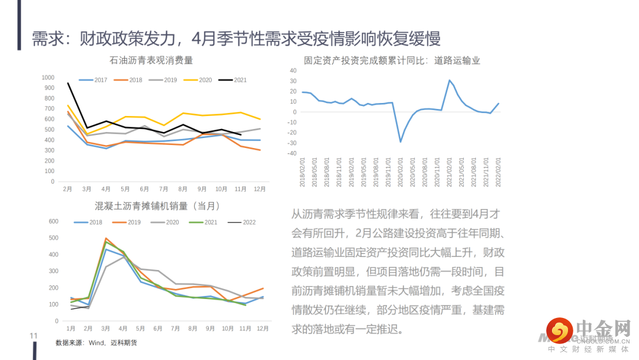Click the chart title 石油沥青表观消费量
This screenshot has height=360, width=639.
click(x=151, y=60)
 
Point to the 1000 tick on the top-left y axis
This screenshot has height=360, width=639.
click(x=48, y=78)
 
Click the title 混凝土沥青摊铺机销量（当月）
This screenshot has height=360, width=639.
click(x=157, y=206)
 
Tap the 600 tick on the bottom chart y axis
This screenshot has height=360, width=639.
click(x=53, y=221)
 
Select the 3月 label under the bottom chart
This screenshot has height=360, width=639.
click(x=105, y=328)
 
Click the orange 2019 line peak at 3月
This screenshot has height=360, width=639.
click(x=106, y=238)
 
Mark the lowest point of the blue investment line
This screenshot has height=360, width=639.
click(x=401, y=142)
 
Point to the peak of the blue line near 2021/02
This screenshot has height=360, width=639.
click(x=450, y=80)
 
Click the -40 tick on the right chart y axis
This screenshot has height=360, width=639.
click(x=292, y=153)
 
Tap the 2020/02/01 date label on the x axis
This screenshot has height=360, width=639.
click(x=401, y=172)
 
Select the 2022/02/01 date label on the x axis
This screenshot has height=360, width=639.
click(x=499, y=172)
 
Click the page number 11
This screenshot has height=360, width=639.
click(x=34, y=336)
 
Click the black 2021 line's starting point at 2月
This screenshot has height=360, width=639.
click(x=68, y=83)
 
